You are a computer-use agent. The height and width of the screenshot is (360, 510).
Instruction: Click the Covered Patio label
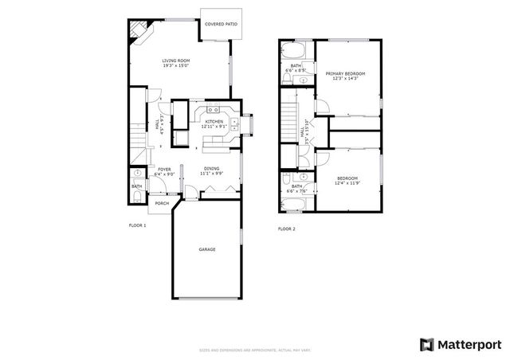[221, 25]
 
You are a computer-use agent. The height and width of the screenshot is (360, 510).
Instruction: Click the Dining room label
[211, 168]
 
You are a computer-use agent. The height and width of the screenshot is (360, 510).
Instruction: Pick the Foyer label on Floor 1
[164, 169]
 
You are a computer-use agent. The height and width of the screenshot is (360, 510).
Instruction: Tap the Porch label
[162, 203]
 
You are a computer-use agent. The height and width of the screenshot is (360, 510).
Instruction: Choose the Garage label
[207, 249]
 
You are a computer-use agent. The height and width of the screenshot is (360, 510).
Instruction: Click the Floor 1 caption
[138, 225]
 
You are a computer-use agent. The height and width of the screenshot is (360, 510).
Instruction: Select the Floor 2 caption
[286, 229]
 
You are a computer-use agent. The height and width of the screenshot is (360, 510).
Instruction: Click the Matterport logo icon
[427, 343]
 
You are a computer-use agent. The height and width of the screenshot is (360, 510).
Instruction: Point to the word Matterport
[469, 343]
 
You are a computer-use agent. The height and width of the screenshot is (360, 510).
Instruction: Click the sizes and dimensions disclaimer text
[253, 350]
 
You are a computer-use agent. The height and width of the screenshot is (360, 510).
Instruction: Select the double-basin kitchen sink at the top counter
[214, 110]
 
